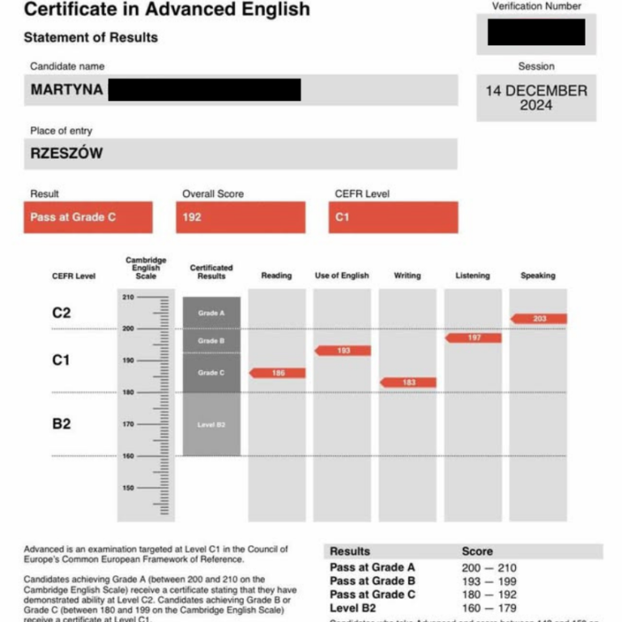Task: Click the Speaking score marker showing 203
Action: [x=539, y=319]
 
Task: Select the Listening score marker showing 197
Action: [x=474, y=338]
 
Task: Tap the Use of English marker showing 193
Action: [x=343, y=351]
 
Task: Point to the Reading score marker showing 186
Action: [x=278, y=373]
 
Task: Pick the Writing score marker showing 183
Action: [x=408, y=382]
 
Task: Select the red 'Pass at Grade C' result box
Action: [x=87, y=217]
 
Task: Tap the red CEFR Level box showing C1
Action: [x=393, y=217]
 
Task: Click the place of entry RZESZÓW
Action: [x=67, y=153]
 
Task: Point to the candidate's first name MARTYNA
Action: [x=67, y=90]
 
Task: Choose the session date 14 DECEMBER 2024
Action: [x=536, y=98]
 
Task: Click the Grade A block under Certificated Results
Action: [x=211, y=313]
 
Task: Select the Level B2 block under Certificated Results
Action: [x=211, y=424]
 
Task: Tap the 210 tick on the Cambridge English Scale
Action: [x=129, y=297]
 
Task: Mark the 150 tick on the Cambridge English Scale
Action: [x=129, y=488]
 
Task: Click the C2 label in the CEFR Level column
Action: [x=62, y=313]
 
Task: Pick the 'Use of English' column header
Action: [x=342, y=275]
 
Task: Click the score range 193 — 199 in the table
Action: [x=488, y=582]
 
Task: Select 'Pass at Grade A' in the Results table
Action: [x=372, y=568]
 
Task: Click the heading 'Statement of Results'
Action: [x=91, y=37]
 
